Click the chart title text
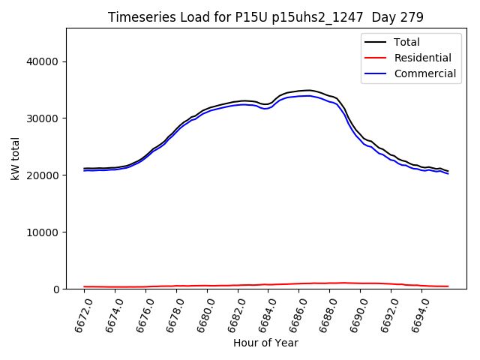(x=265, y=17)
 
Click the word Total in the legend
(x=407, y=42)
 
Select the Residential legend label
(x=423, y=58)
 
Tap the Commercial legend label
(x=425, y=73)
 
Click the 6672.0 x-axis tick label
(x=79, y=314)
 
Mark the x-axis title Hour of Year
(x=265, y=343)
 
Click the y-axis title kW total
(x=15, y=159)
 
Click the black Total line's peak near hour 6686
(x=307, y=90)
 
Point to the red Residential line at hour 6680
(x=208, y=286)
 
